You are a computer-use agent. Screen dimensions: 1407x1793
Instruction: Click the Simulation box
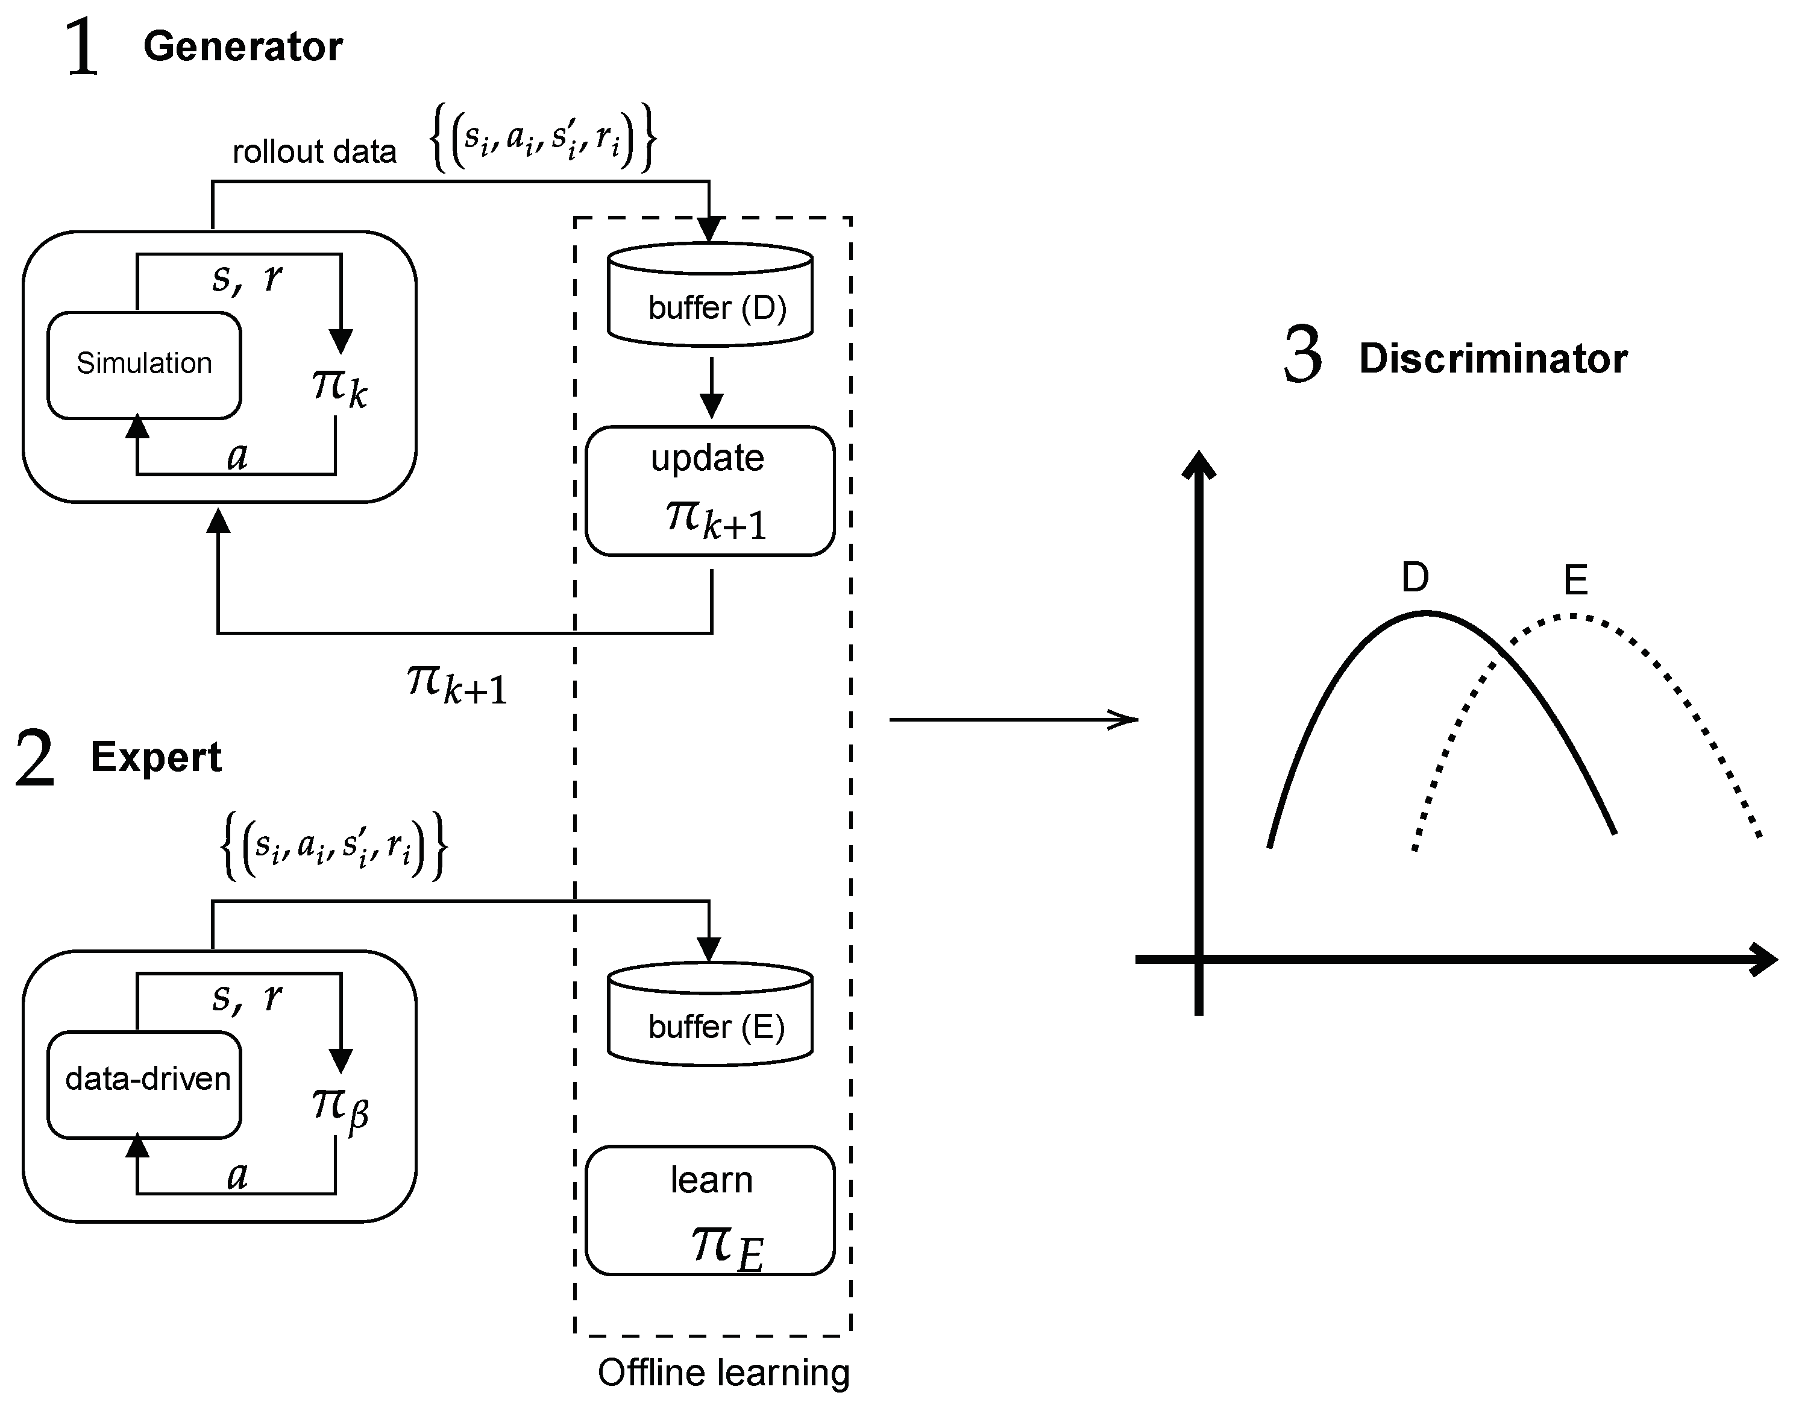tap(144, 365)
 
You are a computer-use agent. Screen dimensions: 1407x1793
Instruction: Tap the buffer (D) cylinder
tap(710, 297)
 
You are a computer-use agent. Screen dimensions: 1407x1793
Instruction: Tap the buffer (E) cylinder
tap(710, 1016)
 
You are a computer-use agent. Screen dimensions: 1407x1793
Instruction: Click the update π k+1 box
tap(710, 491)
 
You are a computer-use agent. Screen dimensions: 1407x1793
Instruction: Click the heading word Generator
tap(243, 47)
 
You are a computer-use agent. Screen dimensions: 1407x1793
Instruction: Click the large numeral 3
tap(1303, 356)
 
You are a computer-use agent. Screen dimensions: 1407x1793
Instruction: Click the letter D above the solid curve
tap(1415, 578)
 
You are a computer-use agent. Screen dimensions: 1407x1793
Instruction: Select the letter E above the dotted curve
tap(1575, 581)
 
